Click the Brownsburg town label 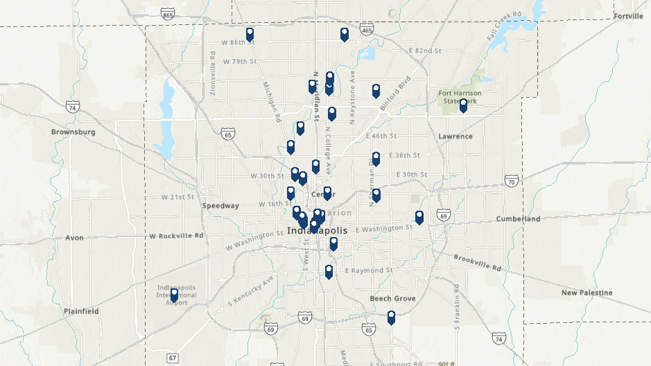click(73, 132)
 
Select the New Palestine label click(587, 293)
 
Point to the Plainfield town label click(81, 311)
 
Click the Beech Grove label click(392, 298)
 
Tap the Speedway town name click(220, 206)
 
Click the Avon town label click(74, 238)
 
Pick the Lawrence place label click(455, 137)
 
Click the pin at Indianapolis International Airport click(174, 295)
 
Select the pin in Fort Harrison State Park click(463, 105)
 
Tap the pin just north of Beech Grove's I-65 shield click(391, 317)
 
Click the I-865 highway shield click(166, 14)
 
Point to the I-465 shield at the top click(367, 31)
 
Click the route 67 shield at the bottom click(172, 358)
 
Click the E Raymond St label click(369, 270)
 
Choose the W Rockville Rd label click(176, 236)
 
